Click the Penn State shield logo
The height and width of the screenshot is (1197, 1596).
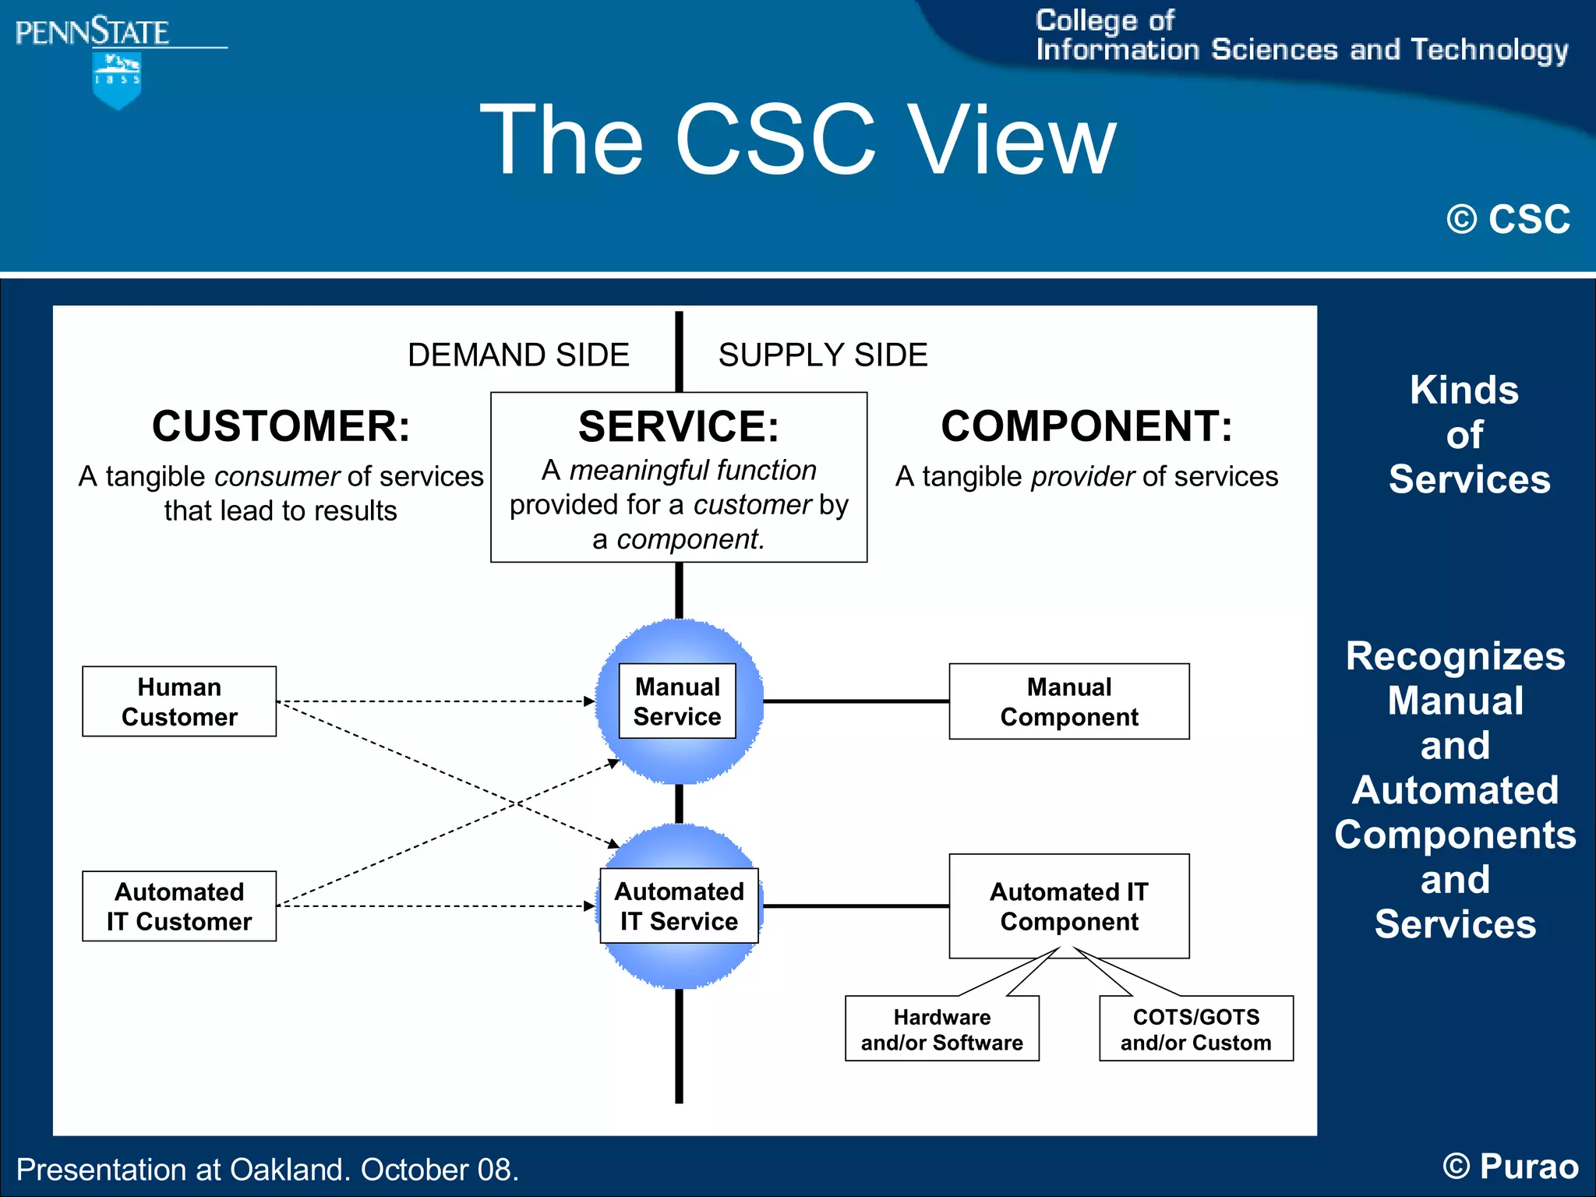coord(117,80)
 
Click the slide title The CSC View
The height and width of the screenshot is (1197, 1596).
coord(797,140)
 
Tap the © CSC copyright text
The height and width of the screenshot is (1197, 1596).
coord(1508,219)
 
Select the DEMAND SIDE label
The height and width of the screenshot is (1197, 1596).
coord(518,355)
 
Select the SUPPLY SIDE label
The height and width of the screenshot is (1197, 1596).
coord(823,355)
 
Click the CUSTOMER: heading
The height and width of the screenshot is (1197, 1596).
coord(281,426)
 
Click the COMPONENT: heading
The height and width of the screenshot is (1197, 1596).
coord(1086,426)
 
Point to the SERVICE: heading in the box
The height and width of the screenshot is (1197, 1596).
coord(678,426)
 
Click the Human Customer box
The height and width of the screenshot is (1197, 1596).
coord(179,701)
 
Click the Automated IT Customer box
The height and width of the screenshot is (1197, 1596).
coord(179,906)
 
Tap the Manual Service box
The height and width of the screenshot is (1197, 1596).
coord(677,701)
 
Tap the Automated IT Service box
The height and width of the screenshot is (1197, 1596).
coord(679,906)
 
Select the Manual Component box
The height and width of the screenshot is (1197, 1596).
coord(1069,701)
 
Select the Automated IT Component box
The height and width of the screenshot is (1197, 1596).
coord(1069,906)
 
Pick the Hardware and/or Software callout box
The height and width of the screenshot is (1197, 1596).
coord(942,1029)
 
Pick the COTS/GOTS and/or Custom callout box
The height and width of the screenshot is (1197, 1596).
coord(1196,1029)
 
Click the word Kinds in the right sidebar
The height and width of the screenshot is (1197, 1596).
coord(1464,390)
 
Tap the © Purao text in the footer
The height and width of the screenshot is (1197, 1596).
coord(1510,1167)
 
